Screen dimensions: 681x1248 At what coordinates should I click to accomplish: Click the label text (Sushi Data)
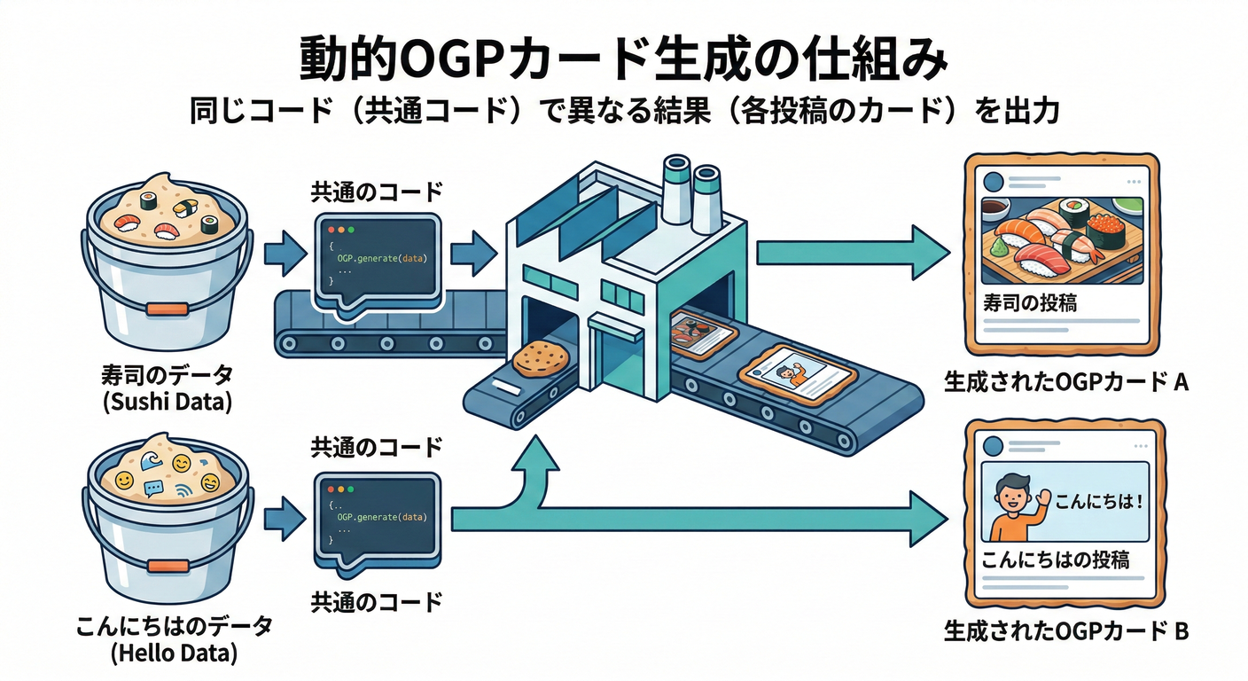click(x=168, y=402)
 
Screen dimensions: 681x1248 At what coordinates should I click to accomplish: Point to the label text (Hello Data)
click(x=168, y=655)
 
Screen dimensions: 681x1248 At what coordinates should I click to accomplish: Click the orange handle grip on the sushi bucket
click(x=168, y=309)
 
